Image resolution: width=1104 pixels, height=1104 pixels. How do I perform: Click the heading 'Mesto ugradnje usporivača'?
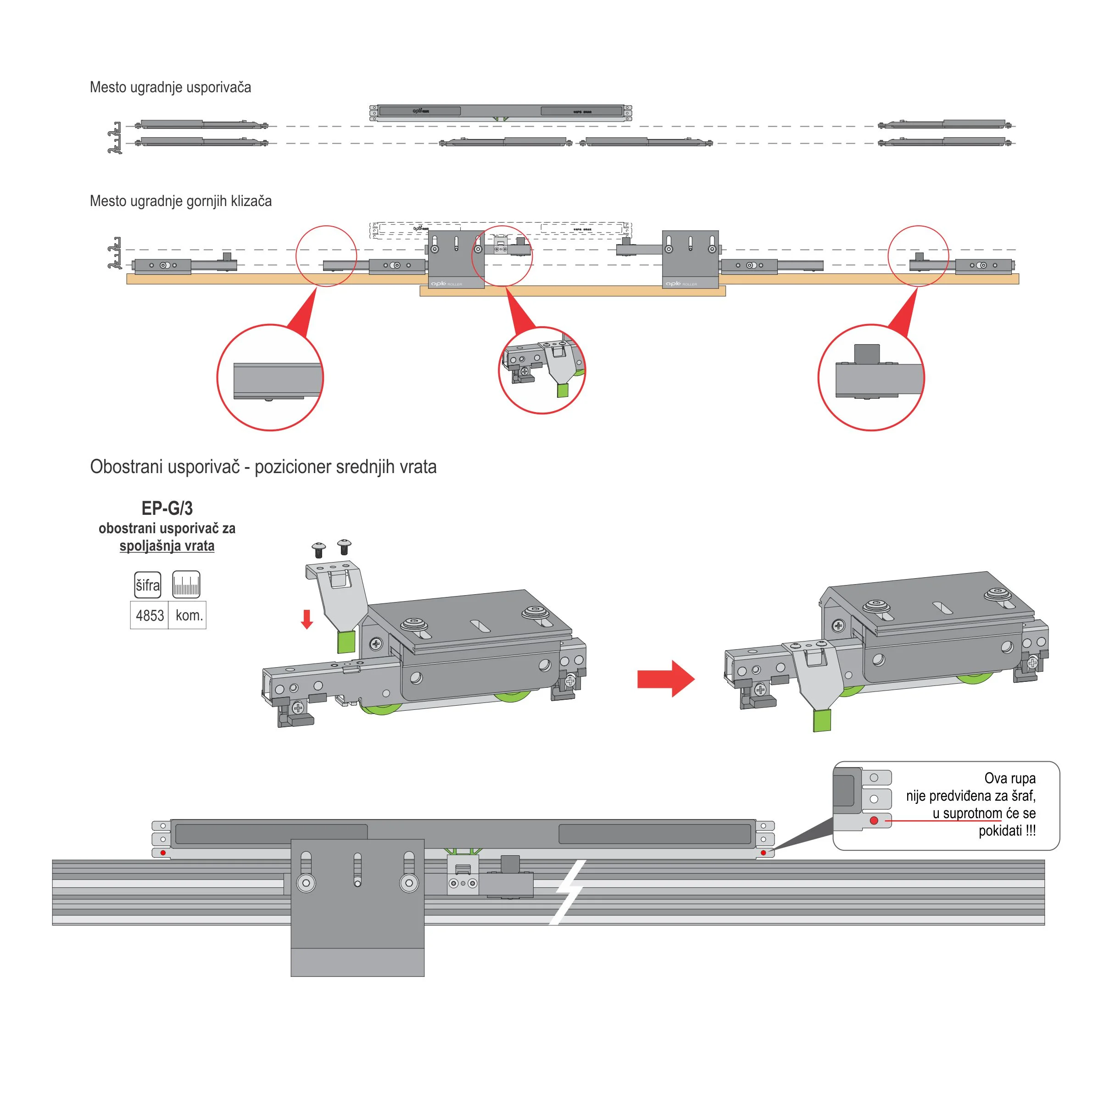pyautogui.click(x=170, y=88)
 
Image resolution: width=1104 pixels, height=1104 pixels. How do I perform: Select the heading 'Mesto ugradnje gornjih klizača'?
pyautogui.click(x=181, y=201)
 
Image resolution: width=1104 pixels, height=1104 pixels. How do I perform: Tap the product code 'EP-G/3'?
pyautogui.click(x=167, y=508)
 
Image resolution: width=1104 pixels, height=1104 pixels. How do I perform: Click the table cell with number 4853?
pyautogui.click(x=150, y=615)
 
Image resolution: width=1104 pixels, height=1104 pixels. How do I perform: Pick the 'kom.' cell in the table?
pyautogui.click(x=189, y=615)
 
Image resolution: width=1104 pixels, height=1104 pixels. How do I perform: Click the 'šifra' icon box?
pyautogui.click(x=147, y=585)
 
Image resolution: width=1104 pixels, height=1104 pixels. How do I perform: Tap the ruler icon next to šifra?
pyautogui.click(x=186, y=585)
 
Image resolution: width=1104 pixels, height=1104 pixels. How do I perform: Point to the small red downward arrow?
pyautogui.click(x=307, y=619)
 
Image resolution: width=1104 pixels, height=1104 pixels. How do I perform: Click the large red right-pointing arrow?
pyautogui.click(x=666, y=679)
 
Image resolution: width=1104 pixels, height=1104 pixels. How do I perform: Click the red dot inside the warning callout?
pyautogui.click(x=874, y=820)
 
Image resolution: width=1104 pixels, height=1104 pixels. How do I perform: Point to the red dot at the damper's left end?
pyautogui.click(x=163, y=853)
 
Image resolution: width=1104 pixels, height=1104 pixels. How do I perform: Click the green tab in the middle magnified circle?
pyautogui.click(x=563, y=390)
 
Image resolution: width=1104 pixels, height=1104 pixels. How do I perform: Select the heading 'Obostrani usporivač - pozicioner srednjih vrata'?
pyautogui.click(x=263, y=467)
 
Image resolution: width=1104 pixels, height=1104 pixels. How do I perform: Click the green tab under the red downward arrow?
pyautogui.click(x=346, y=642)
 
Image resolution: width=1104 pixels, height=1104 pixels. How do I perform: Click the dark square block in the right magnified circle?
pyautogui.click(x=867, y=354)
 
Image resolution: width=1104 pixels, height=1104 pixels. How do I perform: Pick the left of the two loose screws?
pyautogui.click(x=319, y=550)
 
